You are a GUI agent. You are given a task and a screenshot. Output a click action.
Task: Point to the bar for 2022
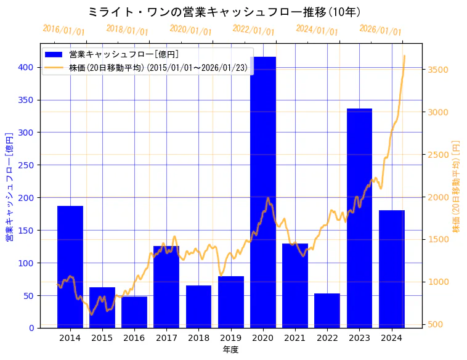click(327, 311)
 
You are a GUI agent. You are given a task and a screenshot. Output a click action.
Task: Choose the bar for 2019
click(231, 302)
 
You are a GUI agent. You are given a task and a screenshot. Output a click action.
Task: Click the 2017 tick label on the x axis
click(166, 338)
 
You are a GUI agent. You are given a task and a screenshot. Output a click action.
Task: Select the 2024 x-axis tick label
click(391, 338)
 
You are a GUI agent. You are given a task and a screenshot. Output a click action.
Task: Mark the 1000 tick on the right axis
click(438, 282)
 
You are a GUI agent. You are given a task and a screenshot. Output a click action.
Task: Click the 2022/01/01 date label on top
click(253, 30)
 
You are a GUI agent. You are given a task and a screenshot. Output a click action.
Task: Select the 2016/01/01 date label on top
click(63, 30)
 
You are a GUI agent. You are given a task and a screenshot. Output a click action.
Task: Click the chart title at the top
click(224, 12)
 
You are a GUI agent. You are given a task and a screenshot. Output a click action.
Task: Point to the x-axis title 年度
click(230, 350)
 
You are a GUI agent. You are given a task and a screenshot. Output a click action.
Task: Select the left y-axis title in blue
click(9, 186)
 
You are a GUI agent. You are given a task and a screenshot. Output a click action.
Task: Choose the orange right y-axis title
click(457, 186)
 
